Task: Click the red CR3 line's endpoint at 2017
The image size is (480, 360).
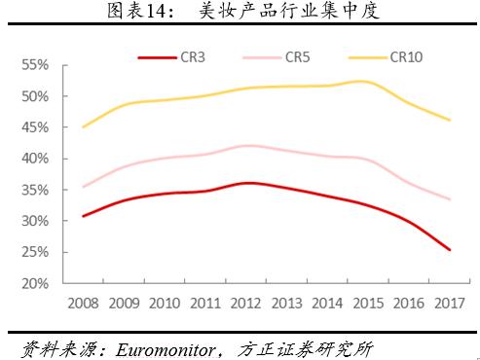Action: [x=448, y=250]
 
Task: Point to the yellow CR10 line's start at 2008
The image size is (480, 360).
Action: [x=83, y=126]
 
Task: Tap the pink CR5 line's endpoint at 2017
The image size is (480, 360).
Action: [x=448, y=199]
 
